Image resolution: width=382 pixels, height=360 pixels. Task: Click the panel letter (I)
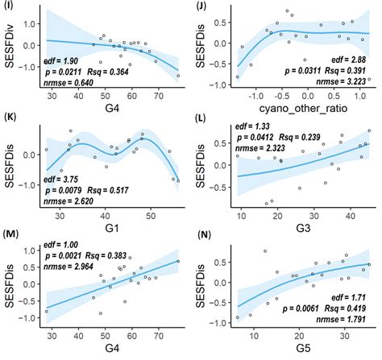point(9,6)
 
